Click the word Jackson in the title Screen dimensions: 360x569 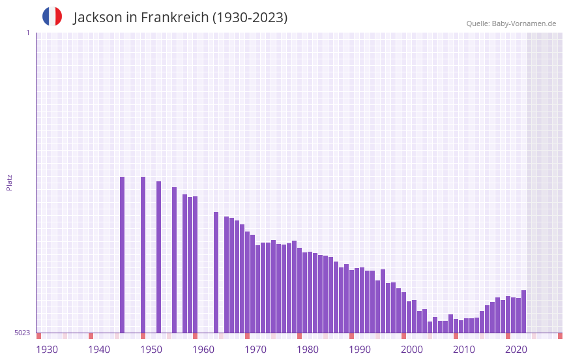point(97,18)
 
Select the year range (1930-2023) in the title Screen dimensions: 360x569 point(250,18)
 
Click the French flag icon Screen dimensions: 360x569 point(52,16)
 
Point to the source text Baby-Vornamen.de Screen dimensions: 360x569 point(524,23)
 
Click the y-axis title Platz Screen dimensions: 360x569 point(9,182)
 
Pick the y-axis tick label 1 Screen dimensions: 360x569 point(27,33)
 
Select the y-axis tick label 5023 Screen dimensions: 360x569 point(22,333)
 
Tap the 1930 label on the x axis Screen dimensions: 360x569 point(47,350)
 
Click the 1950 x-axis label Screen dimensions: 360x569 point(151,350)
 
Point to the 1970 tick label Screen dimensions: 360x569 point(255,350)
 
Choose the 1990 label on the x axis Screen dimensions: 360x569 point(360,350)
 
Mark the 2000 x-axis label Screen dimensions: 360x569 point(412,350)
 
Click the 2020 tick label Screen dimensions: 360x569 point(516,350)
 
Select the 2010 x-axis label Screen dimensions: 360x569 point(464,350)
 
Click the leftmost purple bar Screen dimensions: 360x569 point(122,254)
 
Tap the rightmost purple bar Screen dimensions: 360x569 point(523,311)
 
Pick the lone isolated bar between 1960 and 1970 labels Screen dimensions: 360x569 point(216,272)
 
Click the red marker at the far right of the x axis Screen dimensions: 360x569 point(560,336)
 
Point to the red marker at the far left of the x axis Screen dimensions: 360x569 point(38,336)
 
